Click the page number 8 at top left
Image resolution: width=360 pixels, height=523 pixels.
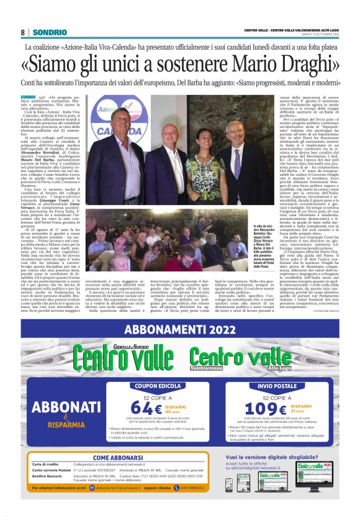(x=23, y=32)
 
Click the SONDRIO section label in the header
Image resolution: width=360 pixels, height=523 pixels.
(x=47, y=32)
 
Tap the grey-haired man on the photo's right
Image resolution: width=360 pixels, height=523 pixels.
(x=234, y=155)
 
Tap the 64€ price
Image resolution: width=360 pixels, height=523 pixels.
(x=141, y=408)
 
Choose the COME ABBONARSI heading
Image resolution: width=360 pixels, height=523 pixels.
(x=118, y=458)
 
